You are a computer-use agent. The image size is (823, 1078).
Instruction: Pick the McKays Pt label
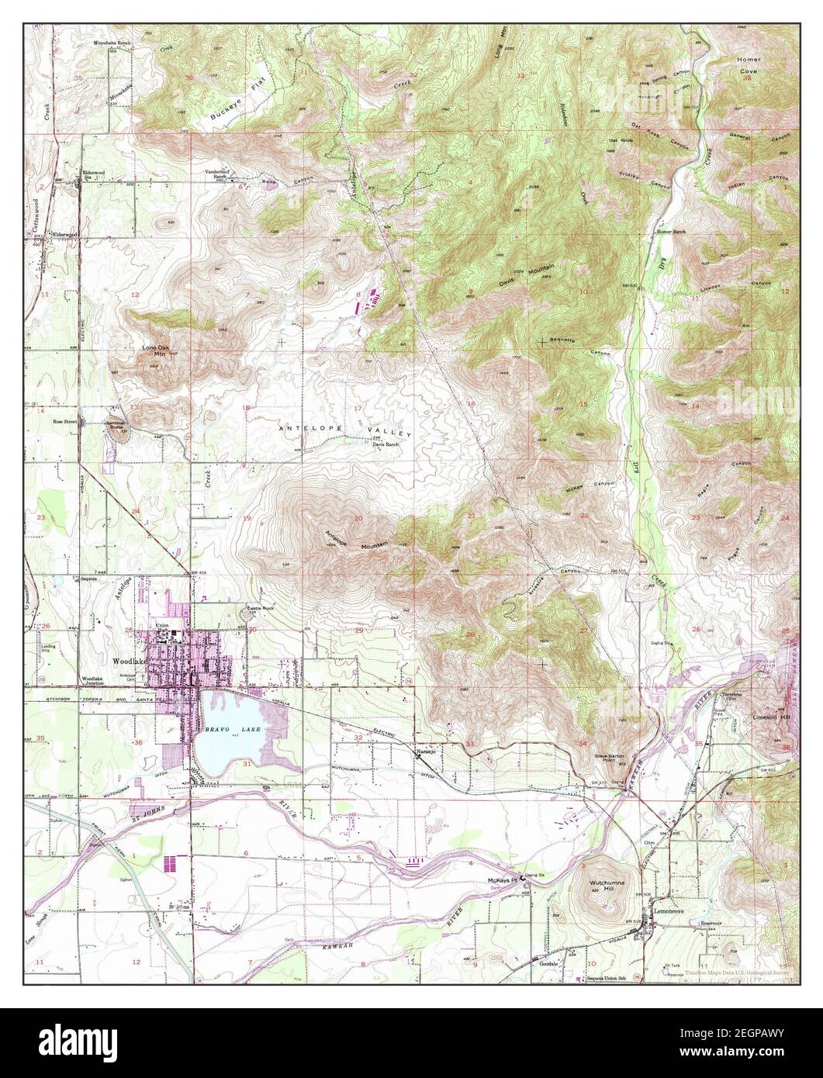coord(501,881)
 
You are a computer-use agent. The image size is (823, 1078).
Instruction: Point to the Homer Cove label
coord(747,65)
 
